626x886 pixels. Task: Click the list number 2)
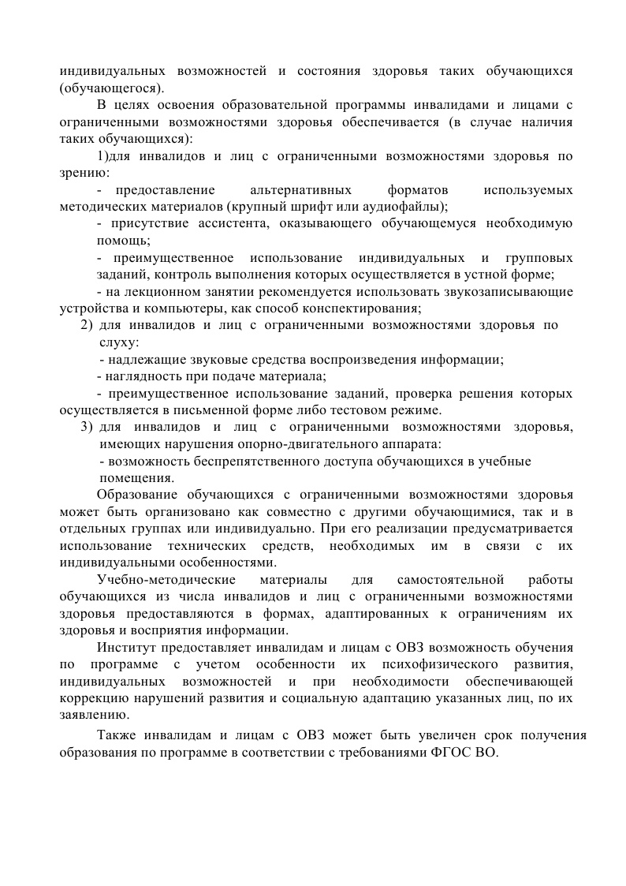(88, 325)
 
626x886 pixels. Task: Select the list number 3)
(88, 427)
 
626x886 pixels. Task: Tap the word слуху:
(119, 342)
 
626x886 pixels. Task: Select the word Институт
(128, 648)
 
